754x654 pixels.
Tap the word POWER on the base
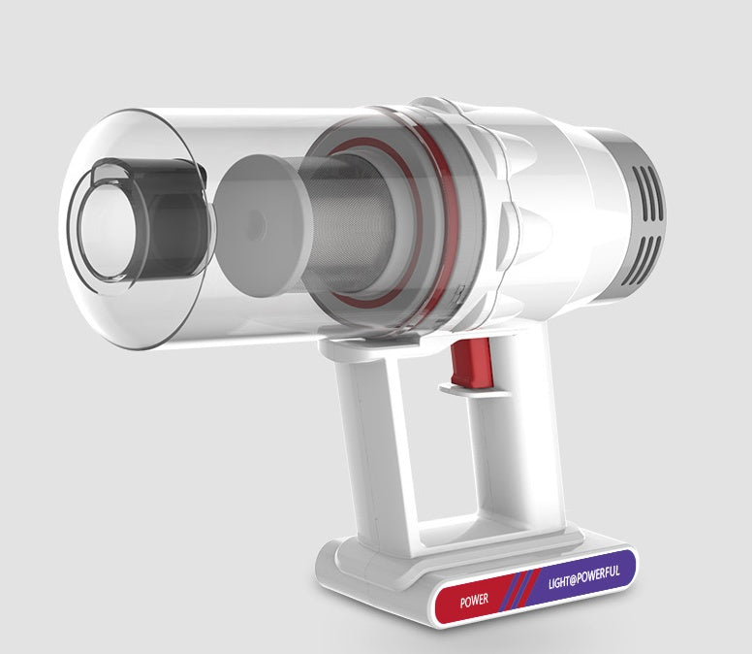pyautogui.click(x=475, y=600)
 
